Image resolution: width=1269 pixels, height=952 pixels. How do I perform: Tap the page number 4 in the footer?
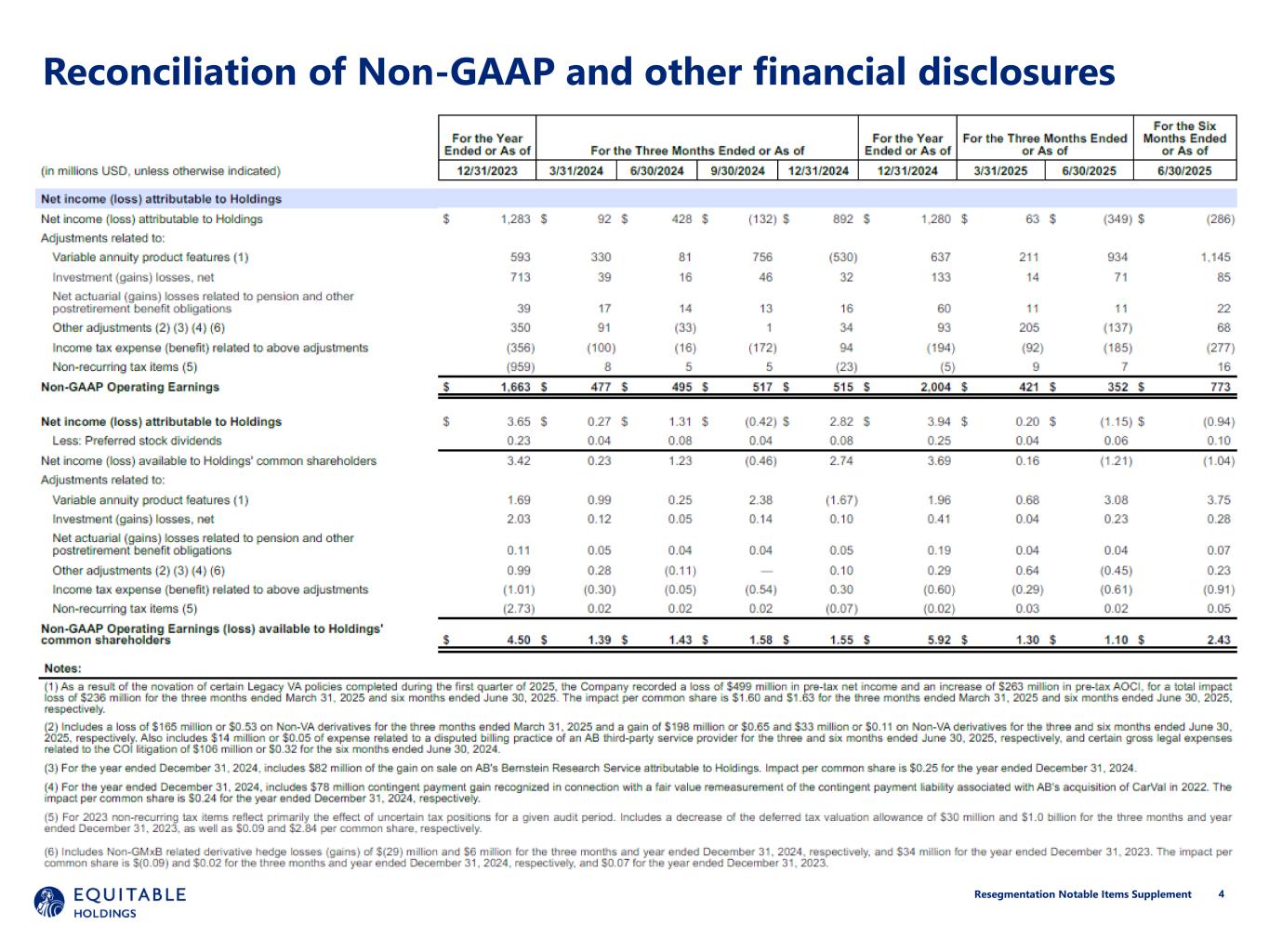click(1221, 894)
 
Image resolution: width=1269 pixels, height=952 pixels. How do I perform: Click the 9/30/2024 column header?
click(737, 171)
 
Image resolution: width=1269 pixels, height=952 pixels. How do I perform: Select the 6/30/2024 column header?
click(656, 171)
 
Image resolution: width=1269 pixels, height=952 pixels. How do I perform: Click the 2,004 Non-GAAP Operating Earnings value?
click(935, 388)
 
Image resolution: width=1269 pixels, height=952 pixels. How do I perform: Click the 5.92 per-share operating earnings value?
click(939, 640)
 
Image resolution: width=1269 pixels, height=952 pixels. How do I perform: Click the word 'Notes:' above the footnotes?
click(62, 668)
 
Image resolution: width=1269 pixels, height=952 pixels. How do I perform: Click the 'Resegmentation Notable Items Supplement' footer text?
click(1082, 894)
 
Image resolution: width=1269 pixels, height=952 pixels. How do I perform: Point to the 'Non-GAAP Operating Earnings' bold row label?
click(130, 388)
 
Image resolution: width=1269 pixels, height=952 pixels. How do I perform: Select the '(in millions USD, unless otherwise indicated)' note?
click(160, 171)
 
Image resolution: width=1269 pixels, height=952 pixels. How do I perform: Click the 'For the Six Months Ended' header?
click(1184, 139)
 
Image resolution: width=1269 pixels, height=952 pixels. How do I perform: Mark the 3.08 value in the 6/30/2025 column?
click(1116, 500)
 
